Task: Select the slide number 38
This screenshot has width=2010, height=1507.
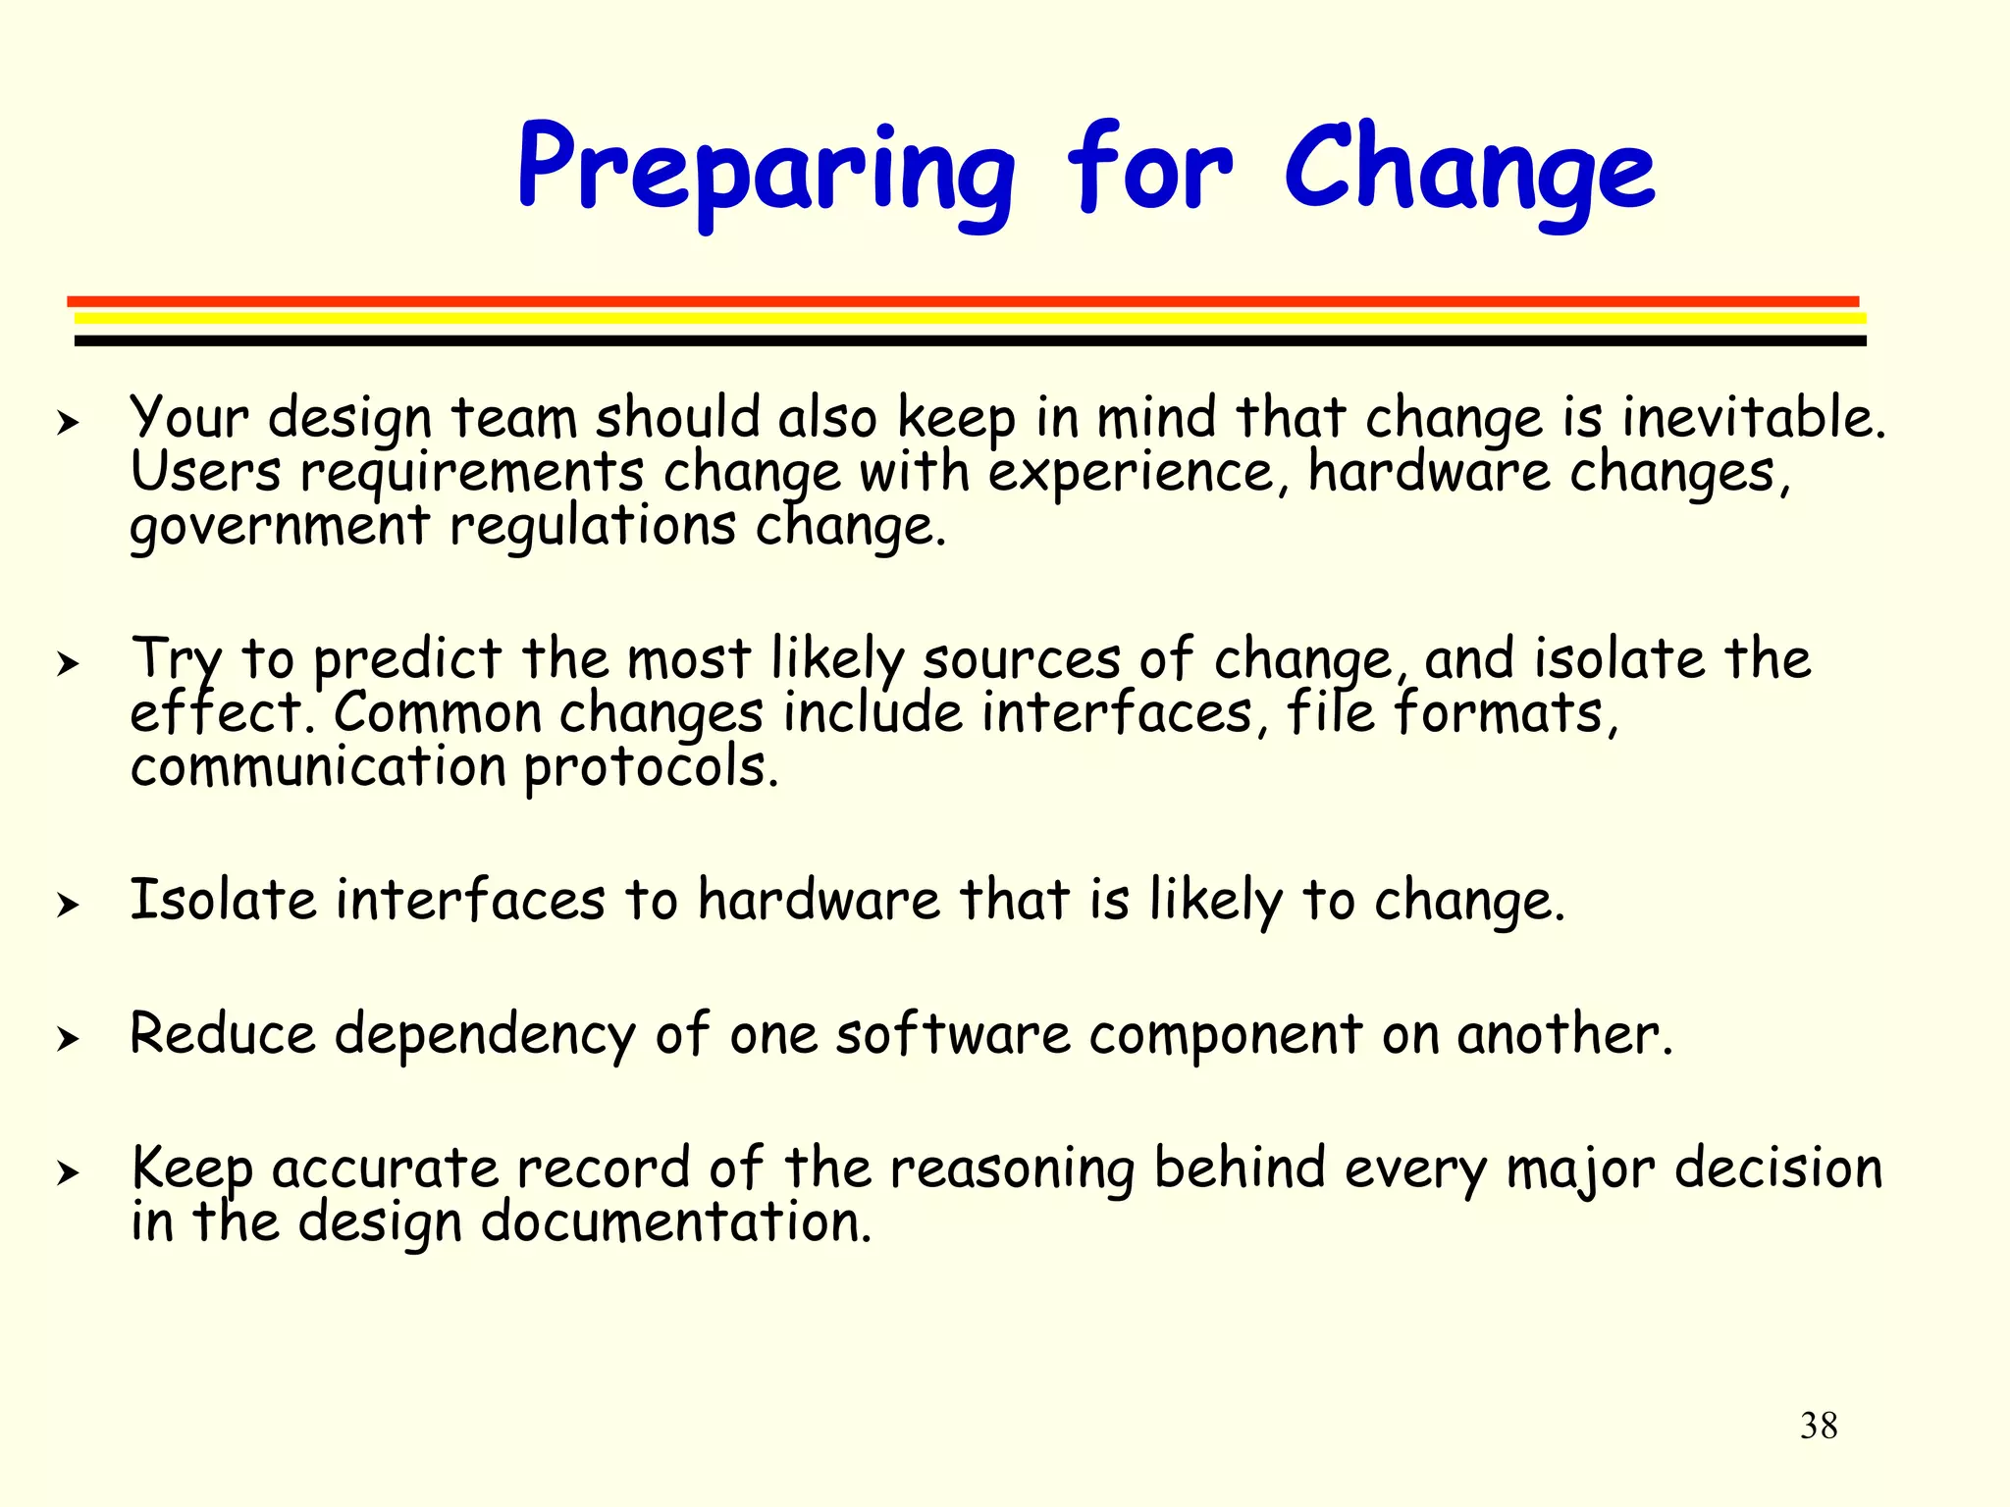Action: [1819, 1426]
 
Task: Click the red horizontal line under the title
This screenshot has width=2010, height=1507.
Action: [962, 301]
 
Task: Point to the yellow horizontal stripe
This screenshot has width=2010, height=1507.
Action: [970, 318]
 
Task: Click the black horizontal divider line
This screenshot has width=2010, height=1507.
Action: [970, 340]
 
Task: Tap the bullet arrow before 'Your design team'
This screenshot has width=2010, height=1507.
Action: [67, 424]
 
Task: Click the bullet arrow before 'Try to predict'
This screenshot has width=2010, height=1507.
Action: [67, 664]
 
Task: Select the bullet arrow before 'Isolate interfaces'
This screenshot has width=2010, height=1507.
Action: [67, 905]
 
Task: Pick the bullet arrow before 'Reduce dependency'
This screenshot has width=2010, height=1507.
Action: [67, 1038]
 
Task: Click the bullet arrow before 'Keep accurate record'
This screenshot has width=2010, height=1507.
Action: [67, 1172]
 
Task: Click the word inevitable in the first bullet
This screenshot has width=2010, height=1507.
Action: [1752, 417]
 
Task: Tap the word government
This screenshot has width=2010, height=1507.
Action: [280, 527]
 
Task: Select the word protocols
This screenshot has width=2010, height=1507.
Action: [650, 768]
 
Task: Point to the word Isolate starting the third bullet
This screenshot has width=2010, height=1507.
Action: [223, 900]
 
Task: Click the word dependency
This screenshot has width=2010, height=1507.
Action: [485, 1036]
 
